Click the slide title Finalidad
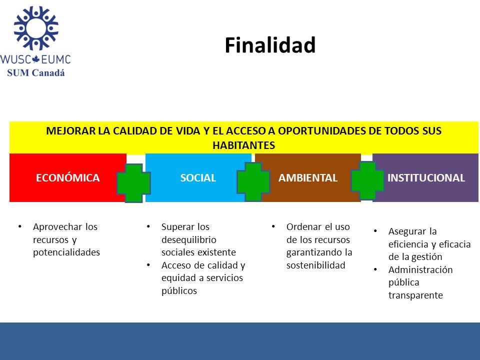click(x=270, y=45)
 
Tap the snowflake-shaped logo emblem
click(x=36, y=28)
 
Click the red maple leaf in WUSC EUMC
click(x=36, y=59)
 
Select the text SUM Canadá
click(x=36, y=73)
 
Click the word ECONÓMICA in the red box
click(x=67, y=178)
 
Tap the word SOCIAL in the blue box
click(x=198, y=178)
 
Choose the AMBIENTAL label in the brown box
click(x=308, y=178)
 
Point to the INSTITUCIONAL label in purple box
click(x=426, y=178)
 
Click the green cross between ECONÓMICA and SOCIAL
click(x=134, y=183)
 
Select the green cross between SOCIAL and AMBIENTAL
click(x=253, y=181)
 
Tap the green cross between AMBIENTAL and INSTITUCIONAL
click(x=367, y=180)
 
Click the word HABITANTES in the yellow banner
click(x=244, y=145)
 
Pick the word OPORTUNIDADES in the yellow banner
click(x=321, y=130)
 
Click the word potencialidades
click(x=66, y=252)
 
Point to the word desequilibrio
click(x=189, y=239)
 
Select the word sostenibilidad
click(x=316, y=265)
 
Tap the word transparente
click(x=415, y=295)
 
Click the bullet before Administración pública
click(x=375, y=269)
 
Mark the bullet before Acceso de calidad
click(x=148, y=265)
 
